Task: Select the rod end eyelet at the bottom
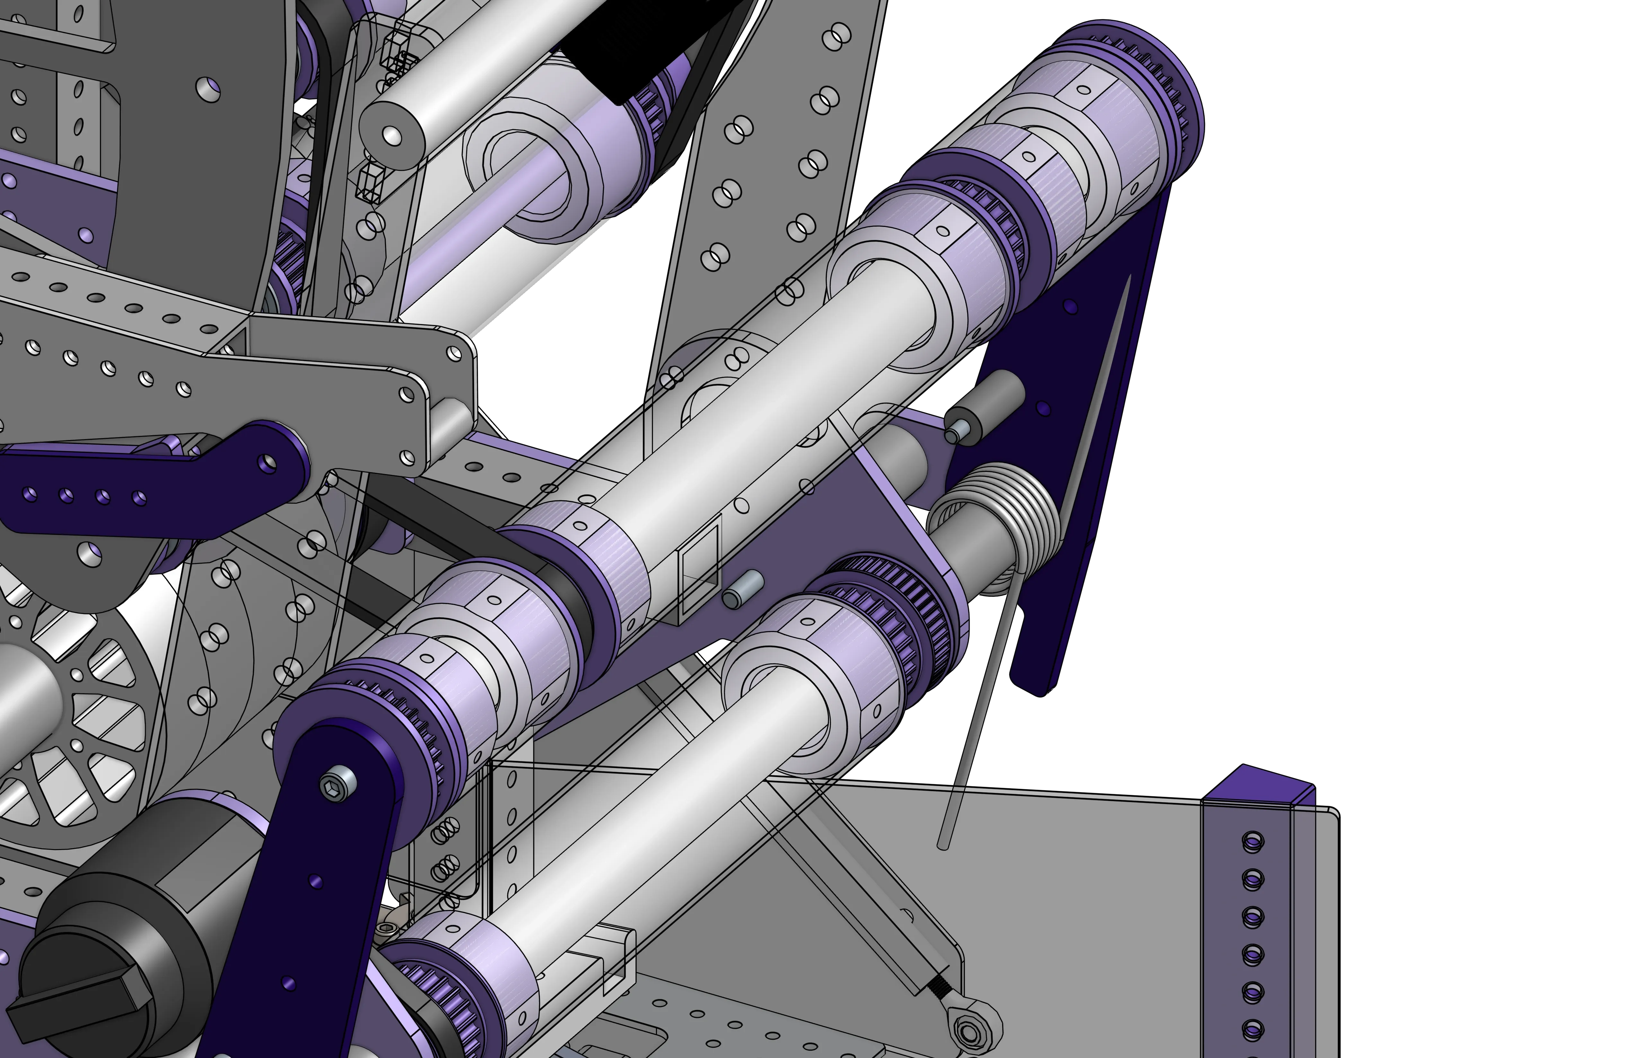[969, 1030]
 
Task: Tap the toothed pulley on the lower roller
[886, 604]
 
